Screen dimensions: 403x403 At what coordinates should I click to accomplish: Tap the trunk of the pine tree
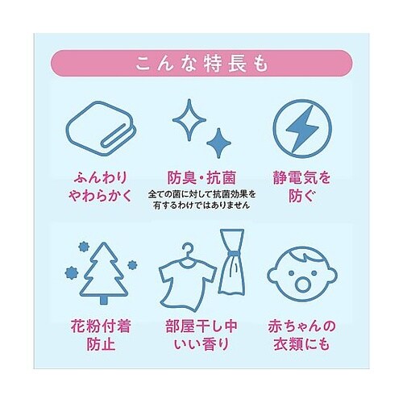click(102, 299)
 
